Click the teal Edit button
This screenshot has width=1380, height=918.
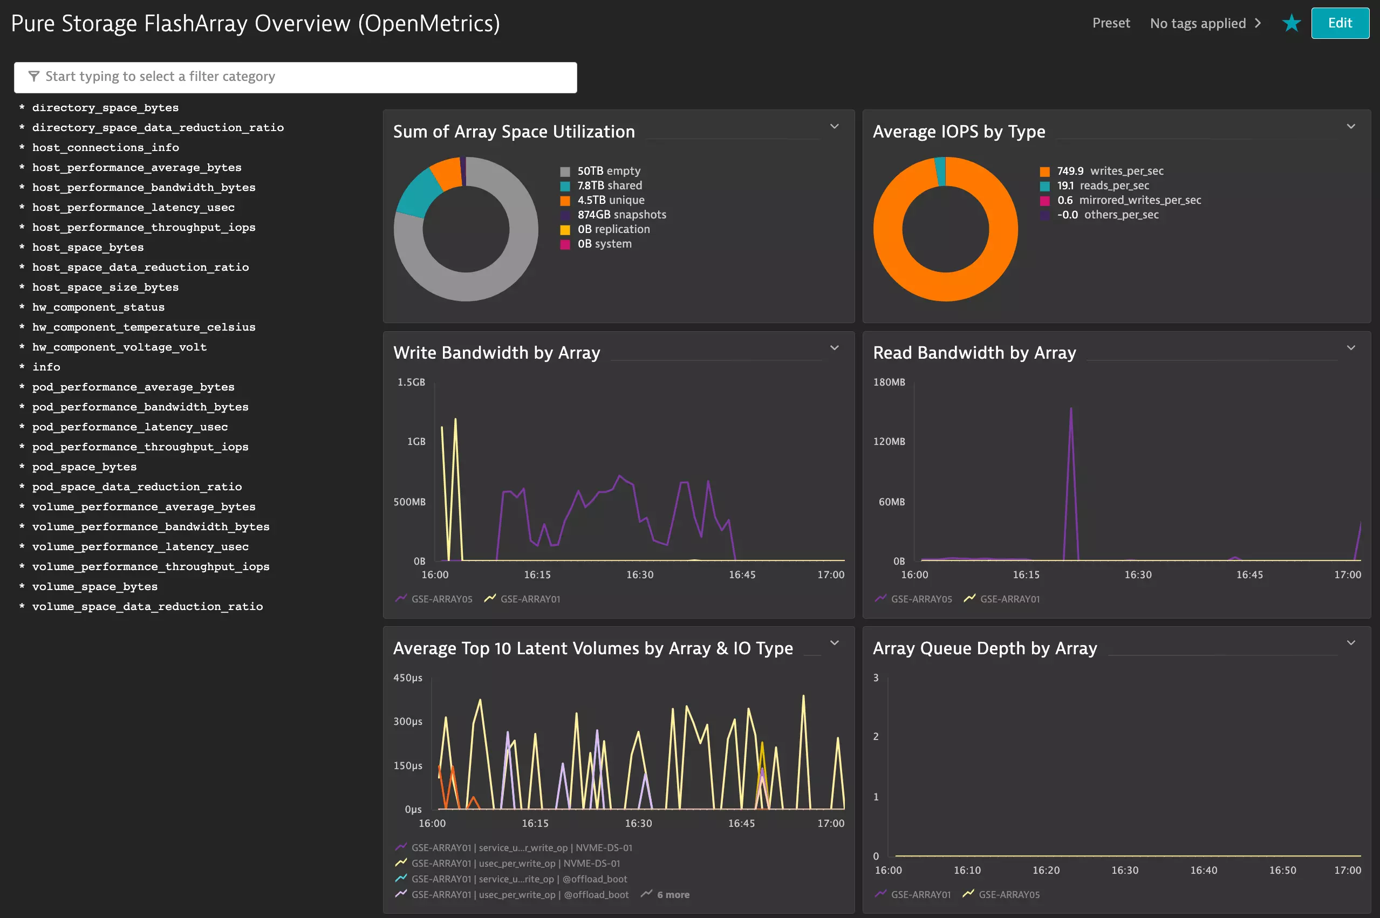[x=1339, y=23]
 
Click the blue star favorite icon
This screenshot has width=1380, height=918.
[x=1291, y=23]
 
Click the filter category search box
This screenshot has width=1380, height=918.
[x=295, y=77]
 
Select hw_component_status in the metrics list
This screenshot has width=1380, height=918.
[x=98, y=307]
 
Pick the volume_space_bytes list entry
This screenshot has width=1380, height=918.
[x=94, y=587]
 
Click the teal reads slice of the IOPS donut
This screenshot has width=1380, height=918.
[x=941, y=171]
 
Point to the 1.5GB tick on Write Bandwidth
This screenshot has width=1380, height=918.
[x=411, y=382]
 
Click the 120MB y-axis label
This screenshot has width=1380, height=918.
[x=889, y=441]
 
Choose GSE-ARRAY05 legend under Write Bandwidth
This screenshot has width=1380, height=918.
[x=441, y=599]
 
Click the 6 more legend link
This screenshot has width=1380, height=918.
[x=672, y=895]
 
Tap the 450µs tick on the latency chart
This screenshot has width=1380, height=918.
[x=407, y=678]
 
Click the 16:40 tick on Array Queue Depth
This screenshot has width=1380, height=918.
[x=1203, y=871]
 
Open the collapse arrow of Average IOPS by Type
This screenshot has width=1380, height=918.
[x=1351, y=126]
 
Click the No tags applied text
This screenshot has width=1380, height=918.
[x=1197, y=23]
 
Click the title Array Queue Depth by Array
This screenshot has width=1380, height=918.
[x=984, y=649]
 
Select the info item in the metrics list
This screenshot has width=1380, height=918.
[x=46, y=367]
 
